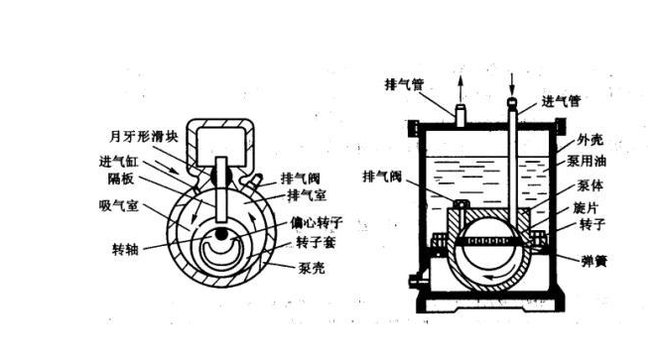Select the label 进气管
[x=562, y=101]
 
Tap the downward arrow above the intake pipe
[x=513, y=81]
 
